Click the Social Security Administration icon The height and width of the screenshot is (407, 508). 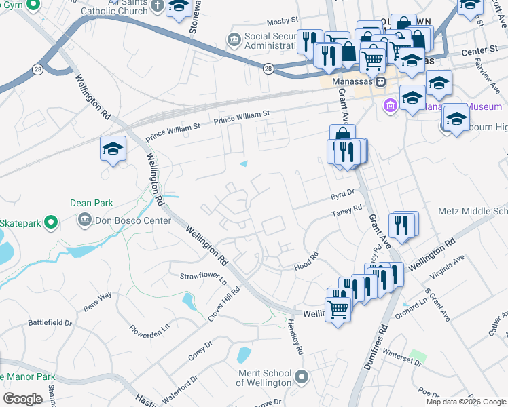coord(234,41)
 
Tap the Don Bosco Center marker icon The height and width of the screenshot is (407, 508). coord(86,218)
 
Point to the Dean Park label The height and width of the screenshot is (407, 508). coord(92,202)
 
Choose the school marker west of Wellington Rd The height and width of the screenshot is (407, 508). coord(113,149)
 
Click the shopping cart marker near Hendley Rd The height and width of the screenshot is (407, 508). coord(338,311)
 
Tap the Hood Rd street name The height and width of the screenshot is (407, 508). coord(306,261)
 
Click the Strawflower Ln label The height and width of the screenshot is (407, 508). coord(202,275)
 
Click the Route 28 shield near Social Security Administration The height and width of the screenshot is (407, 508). coord(269,69)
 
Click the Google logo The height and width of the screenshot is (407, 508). coord(22,398)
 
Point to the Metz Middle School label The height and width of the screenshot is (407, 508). coord(473,212)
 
